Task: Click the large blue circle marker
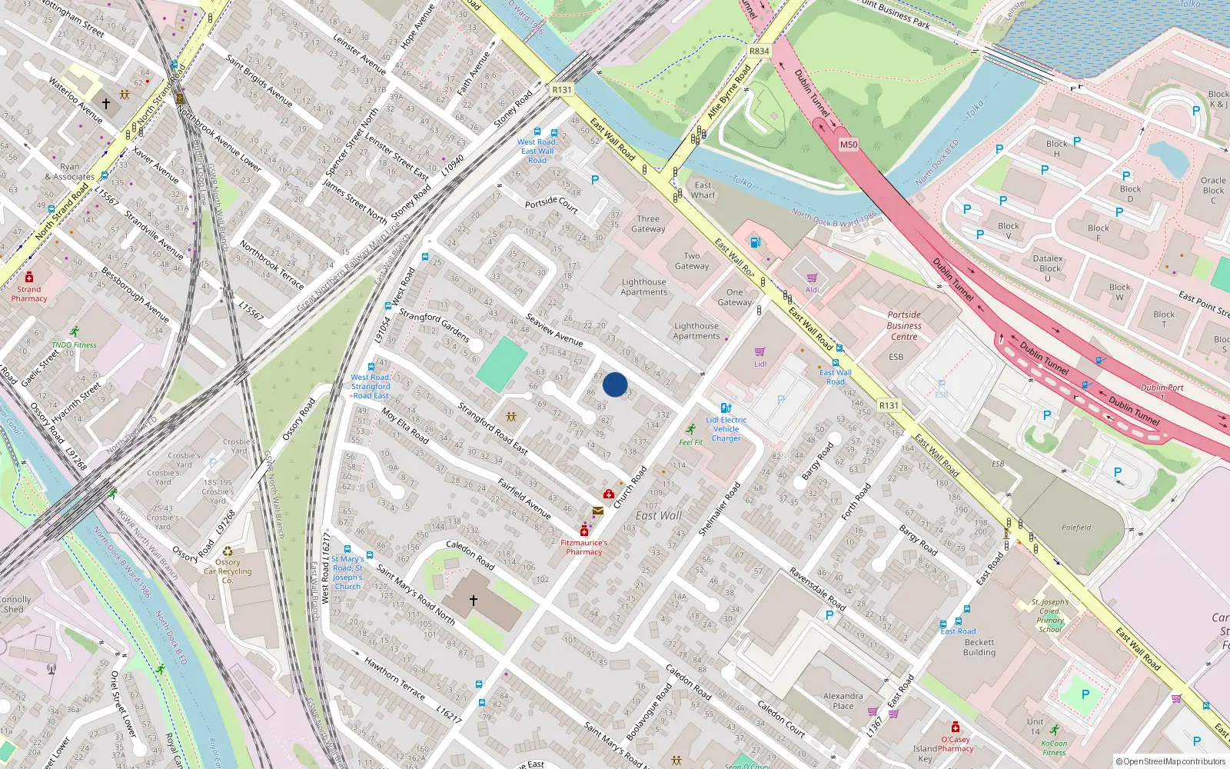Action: [x=615, y=384]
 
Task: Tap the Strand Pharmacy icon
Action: [x=29, y=278]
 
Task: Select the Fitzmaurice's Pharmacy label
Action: [x=584, y=547]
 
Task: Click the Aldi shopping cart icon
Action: [x=812, y=278]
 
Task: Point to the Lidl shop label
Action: [x=760, y=365]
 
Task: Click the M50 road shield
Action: [x=848, y=145]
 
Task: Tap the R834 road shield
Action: [x=759, y=51]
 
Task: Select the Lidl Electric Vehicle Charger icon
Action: [x=725, y=408]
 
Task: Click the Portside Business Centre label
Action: [x=904, y=325]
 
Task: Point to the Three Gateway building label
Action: [x=648, y=224]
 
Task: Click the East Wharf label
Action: [x=703, y=190]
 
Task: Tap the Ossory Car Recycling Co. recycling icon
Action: [x=228, y=551]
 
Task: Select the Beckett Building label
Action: [x=979, y=647]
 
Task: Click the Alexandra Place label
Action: [x=843, y=701]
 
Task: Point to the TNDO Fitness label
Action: [x=74, y=345]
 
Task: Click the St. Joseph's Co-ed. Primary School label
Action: [x=1050, y=615]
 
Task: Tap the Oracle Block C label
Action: [x=1213, y=190]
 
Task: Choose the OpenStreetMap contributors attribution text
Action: [x=1171, y=761]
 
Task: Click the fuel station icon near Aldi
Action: [x=754, y=243]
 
